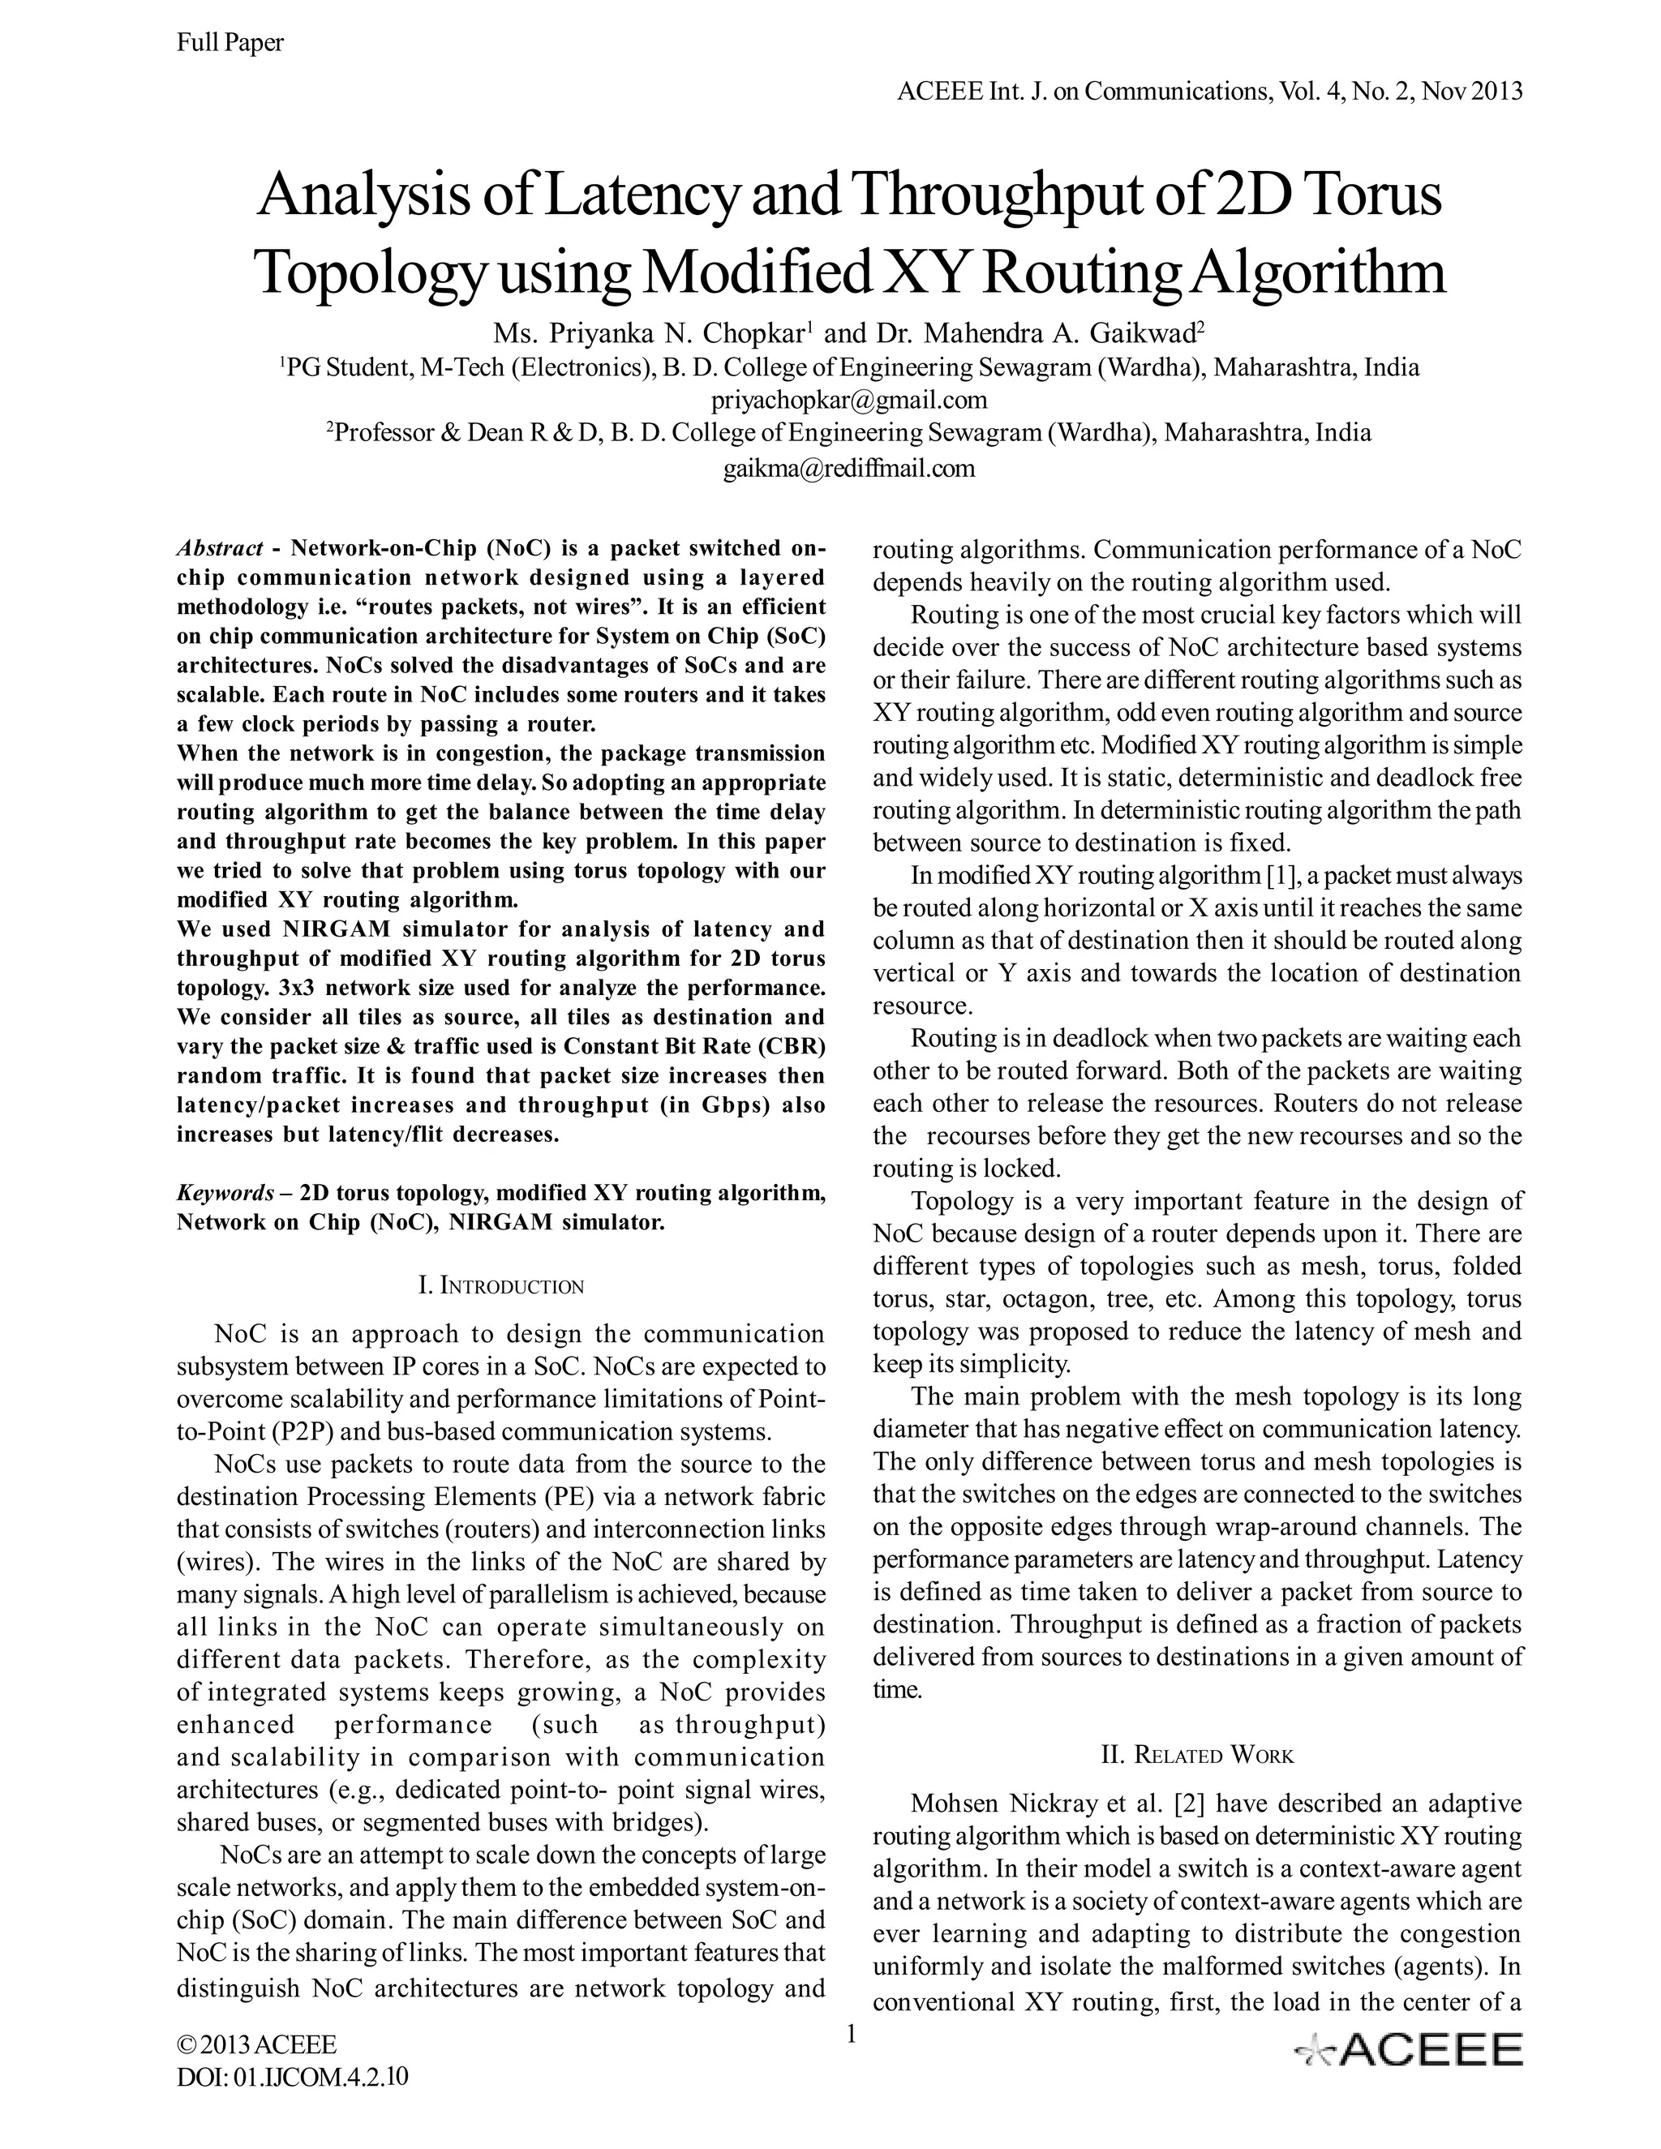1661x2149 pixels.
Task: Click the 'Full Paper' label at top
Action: tap(230, 42)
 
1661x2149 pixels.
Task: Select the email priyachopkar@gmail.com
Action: tap(848, 401)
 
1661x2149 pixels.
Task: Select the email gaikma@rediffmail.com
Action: tap(848, 469)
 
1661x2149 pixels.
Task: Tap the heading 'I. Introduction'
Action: tap(501, 1285)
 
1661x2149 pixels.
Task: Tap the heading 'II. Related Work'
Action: tap(1196, 1756)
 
